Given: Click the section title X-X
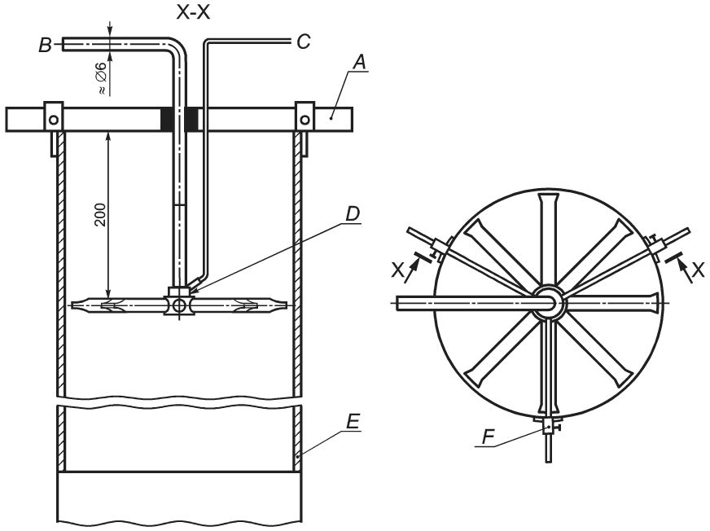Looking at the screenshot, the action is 193,13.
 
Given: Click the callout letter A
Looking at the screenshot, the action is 359,62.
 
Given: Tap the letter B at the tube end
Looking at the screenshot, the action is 45,46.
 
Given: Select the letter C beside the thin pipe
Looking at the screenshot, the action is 304,42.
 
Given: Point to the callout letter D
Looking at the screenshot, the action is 353,214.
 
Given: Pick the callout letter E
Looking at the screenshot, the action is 353,422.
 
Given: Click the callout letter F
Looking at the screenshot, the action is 488,437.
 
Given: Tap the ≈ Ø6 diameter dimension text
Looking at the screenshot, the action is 102,78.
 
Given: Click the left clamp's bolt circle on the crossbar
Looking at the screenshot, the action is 54,120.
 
